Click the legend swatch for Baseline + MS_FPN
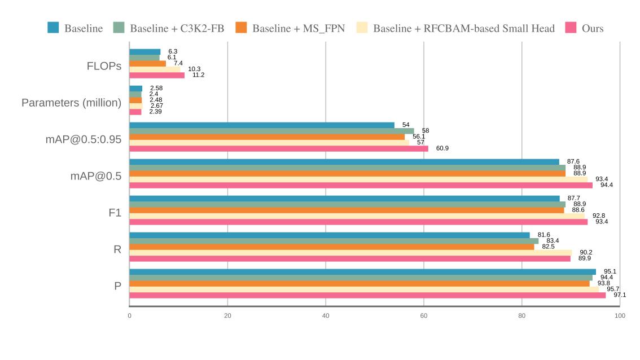click(242, 28)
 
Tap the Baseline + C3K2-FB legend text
click(177, 28)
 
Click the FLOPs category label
click(104, 66)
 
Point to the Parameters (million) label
click(72, 103)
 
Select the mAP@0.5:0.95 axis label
click(84, 139)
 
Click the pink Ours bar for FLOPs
click(157, 75)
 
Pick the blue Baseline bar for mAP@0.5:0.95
click(262, 125)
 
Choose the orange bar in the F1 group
click(347, 210)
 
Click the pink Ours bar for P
click(367, 295)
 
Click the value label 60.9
click(442, 148)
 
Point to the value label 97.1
click(620, 295)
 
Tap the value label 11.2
click(198, 75)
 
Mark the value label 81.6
click(543, 235)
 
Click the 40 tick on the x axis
click(326, 315)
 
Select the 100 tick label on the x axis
click(620, 315)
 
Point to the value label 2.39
click(155, 112)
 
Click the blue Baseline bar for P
click(362, 271)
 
